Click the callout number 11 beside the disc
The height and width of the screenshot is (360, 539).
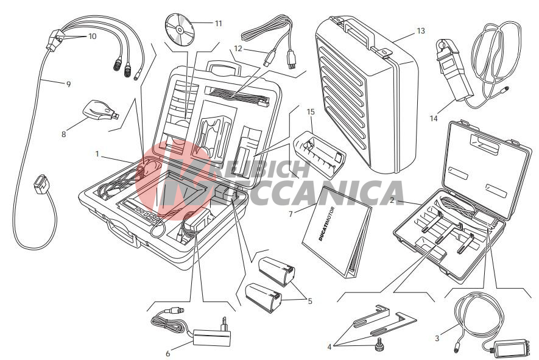[219, 23]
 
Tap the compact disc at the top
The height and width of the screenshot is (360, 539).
[180, 30]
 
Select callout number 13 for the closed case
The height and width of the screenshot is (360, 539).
[421, 31]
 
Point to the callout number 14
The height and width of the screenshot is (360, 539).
[434, 119]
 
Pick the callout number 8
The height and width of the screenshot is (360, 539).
[63, 134]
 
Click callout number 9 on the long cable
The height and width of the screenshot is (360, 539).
[68, 84]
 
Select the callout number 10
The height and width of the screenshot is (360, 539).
[93, 36]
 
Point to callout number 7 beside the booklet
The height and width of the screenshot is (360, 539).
[291, 214]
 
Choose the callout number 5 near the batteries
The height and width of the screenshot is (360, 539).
[310, 301]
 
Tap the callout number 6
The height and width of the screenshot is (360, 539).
[167, 353]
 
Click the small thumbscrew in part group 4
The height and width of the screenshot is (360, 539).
[379, 344]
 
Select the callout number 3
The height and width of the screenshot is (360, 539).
[437, 338]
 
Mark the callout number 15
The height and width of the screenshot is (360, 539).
[311, 111]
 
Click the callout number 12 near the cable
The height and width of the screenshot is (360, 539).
[238, 49]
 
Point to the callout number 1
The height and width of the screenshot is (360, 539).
[97, 154]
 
